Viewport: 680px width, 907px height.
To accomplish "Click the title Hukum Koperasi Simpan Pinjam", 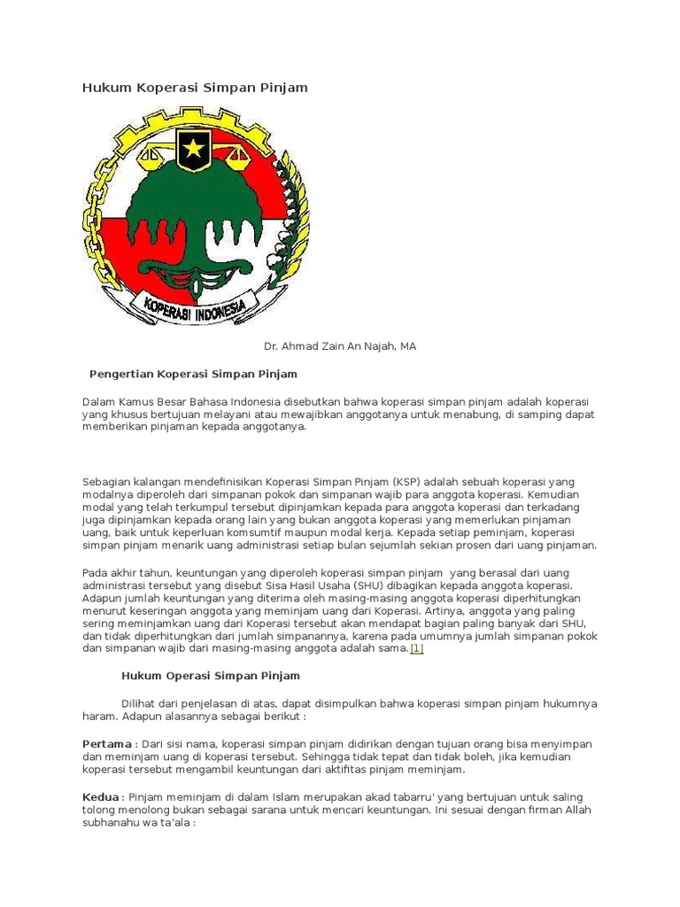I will coord(195,88).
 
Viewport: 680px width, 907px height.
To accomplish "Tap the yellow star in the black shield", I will coord(192,150).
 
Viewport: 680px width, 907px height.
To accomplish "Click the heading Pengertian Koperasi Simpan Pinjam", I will coord(194,374).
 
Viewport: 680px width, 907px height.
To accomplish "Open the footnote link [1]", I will coord(416,648).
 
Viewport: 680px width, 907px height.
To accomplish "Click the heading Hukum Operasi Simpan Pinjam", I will coord(210,676).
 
